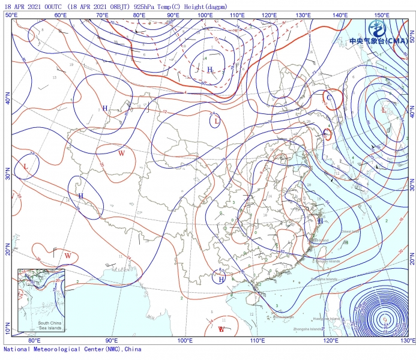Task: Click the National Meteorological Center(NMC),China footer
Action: (73, 349)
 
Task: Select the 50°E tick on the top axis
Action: (11, 14)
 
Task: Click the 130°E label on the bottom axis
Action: (408, 340)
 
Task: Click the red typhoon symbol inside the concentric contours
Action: (384, 320)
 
